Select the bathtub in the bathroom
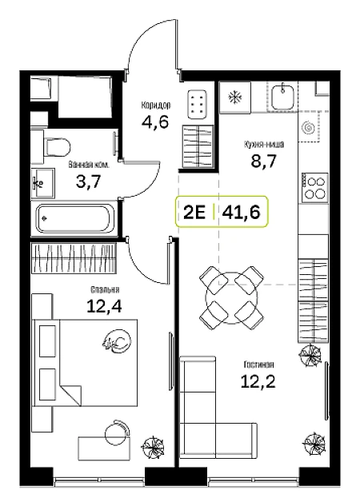(x=75, y=219)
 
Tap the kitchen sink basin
(x=283, y=97)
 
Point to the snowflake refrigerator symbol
(x=234, y=98)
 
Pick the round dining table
(x=231, y=297)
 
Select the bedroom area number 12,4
(x=105, y=306)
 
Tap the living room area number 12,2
(x=258, y=381)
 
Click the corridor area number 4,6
(x=154, y=122)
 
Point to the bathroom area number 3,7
(x=88, y=181)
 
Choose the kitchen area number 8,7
(x=263, y=161)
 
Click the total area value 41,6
(x=241, y=212)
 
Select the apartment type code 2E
(x=194, y=212)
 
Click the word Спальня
(x=105, y=289)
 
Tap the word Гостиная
(x=258, y=365)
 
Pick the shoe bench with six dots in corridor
(x=197, y=105)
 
